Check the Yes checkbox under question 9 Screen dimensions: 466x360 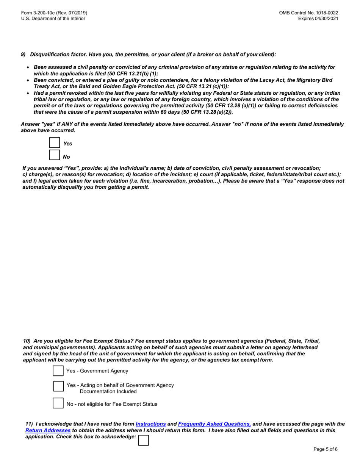tap(55, 143)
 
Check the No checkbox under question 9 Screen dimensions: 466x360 tap(55, 155)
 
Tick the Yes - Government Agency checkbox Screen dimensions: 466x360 tap(58, 371)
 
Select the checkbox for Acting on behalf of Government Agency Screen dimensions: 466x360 tap(59, 386)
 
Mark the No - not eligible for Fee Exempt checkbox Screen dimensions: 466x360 tap(58, 403)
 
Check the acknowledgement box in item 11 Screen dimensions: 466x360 tap(144, 440)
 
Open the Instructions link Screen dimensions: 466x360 tap(150, 424)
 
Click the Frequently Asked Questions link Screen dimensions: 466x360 tap(214, 424)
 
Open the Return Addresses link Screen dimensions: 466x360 tap(48, 430)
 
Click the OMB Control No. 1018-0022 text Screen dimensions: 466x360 tap(308, 13)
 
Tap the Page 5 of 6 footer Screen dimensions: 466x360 tap(325, 449)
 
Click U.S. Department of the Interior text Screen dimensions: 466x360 tap(53, 19)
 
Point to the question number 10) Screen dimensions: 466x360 tap(27, 341)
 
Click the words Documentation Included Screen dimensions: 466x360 tap(108, 391)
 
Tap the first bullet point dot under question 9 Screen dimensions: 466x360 tap(28, 67)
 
